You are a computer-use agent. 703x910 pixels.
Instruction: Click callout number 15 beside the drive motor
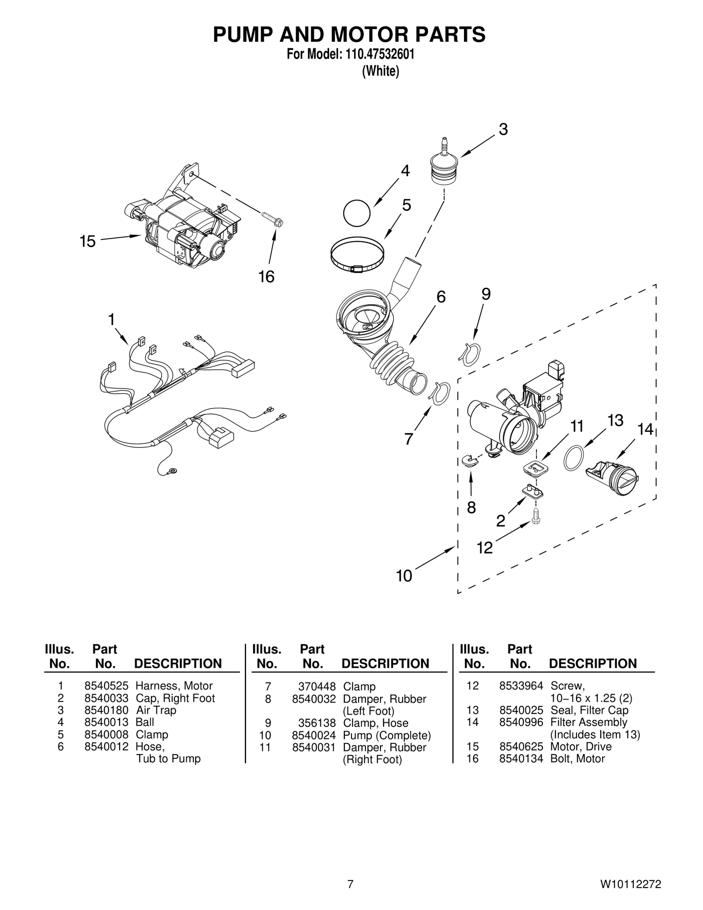(x=87, y=241)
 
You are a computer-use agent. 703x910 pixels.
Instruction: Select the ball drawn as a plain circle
(x=356, y=213)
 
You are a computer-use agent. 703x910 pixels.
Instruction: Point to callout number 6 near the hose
(x=441, y=297)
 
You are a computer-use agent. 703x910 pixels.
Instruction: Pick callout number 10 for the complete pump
(x=404, y=576)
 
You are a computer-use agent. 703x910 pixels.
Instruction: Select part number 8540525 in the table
(x=106, y=686)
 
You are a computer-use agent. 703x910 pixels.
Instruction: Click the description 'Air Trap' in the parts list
(x=156, y=711)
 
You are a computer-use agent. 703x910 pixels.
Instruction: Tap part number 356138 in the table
(x=320, y=723)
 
